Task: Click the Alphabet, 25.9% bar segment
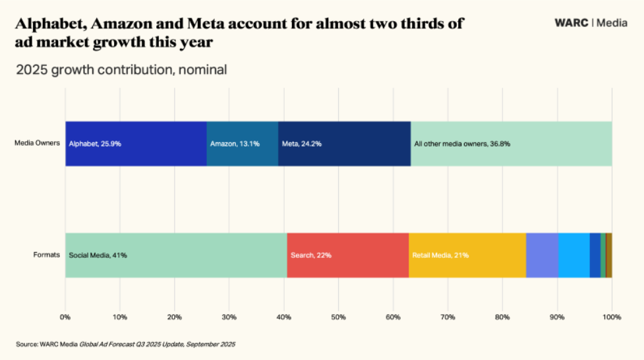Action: click(136, 144)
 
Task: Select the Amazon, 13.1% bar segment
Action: click(242, 144)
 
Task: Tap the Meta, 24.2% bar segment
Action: click(344, 144)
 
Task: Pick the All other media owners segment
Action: click(512, 144)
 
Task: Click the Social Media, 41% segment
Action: click(176, 255)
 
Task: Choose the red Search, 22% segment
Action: click(347, 255)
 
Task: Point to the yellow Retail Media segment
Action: click(467, 255)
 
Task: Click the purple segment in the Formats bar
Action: click(542, 255)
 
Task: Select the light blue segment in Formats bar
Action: click(573, 255)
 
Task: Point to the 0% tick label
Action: click(65, 318)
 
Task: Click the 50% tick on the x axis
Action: click(338, 318)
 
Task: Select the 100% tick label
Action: click(612, 318)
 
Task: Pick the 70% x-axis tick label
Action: click(448, 318)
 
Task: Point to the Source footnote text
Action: click(126, 344)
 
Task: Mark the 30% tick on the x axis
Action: click(229, 318)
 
